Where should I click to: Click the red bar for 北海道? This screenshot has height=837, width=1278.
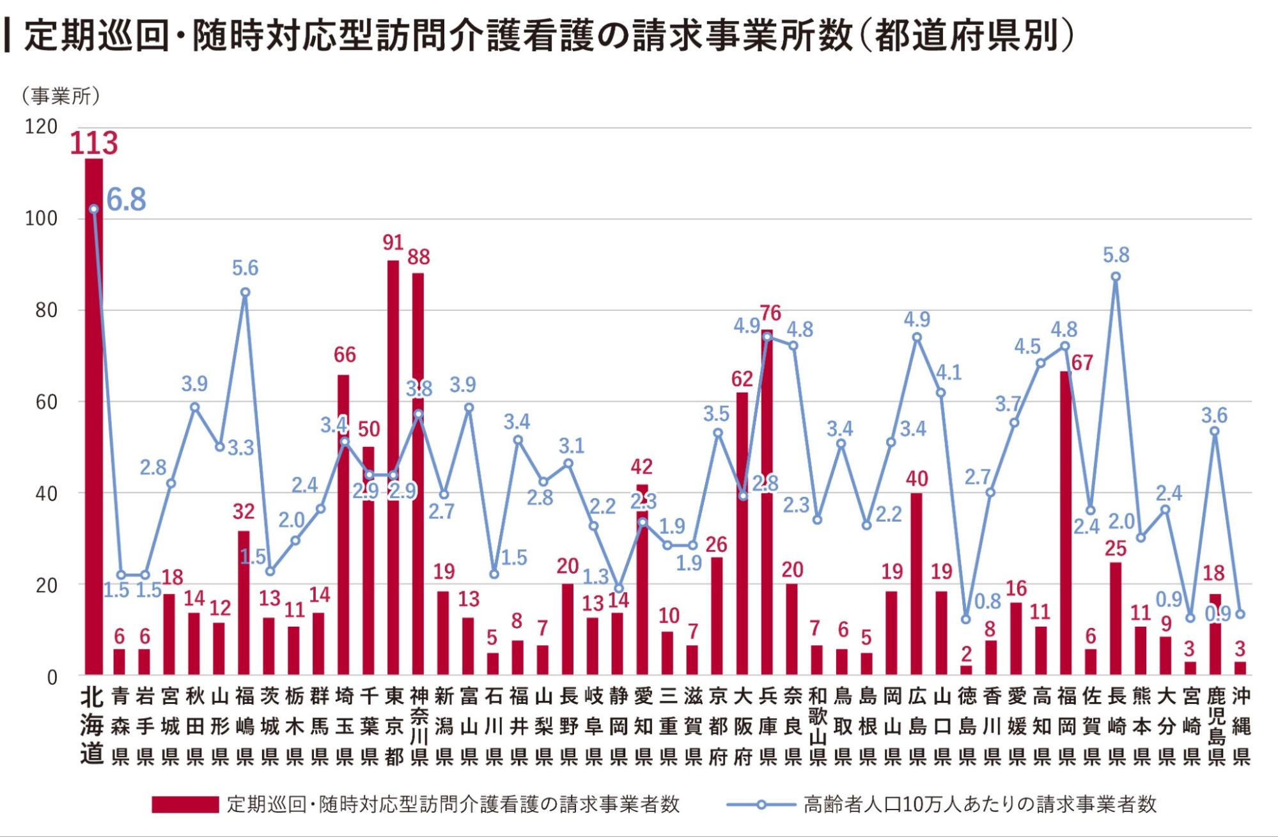click(x=93, y=416)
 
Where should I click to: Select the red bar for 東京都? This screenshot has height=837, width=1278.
click(x=393, y=467)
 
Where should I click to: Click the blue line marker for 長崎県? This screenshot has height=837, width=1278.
click(x=1116, y=277)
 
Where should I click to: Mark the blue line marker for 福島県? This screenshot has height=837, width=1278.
click(x=244, y=293)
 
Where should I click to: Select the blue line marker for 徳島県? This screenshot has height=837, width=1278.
click(x=966, y=619)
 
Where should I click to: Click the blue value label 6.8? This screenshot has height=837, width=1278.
click(x=126, y=199)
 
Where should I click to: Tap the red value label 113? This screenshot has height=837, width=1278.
click(x=94, y=143)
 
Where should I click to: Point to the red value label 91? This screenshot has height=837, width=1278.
click(x=393, y=243)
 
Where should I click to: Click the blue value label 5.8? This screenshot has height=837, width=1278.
click(x=1116, y=255)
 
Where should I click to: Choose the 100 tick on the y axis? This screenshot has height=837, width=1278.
click(x=41, y=219)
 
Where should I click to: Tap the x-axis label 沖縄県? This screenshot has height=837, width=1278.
click(x=1240, y=726)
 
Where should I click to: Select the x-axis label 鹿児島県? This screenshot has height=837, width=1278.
click(x=1215, y=726)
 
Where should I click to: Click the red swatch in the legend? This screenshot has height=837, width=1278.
click(x=185, y=804)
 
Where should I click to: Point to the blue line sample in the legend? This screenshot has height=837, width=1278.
click(x=761, y=804)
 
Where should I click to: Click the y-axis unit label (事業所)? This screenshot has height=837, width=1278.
click(x=61, y=97)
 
